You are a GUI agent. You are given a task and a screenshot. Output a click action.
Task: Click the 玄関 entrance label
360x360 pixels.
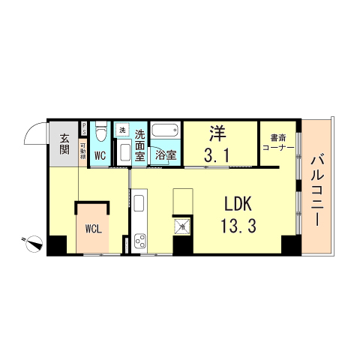tap(64, 144)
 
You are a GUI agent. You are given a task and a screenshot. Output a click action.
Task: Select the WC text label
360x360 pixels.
tap(100, 157)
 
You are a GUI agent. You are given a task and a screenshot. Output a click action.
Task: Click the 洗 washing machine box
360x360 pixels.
tap(123, 130)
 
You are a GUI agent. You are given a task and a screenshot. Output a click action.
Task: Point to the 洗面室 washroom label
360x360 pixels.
tap(140, 145)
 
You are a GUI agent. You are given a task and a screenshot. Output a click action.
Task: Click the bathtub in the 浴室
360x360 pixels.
tap(164, 131)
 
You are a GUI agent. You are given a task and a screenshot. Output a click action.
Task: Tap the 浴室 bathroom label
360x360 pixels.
tap(166, 155)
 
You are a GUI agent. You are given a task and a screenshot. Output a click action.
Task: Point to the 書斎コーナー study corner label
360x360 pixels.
tap(278, 142)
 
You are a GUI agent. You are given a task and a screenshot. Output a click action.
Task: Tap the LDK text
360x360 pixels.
tap(239, 204)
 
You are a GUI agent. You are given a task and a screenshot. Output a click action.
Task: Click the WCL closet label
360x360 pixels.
tap(94, 228)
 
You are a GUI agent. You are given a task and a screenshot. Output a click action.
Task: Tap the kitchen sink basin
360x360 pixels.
tap(139, 202)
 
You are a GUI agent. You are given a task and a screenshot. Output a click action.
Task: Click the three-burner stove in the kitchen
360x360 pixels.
tap(139, 241)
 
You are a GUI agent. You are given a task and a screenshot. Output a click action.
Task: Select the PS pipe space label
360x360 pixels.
tap(83, 127)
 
